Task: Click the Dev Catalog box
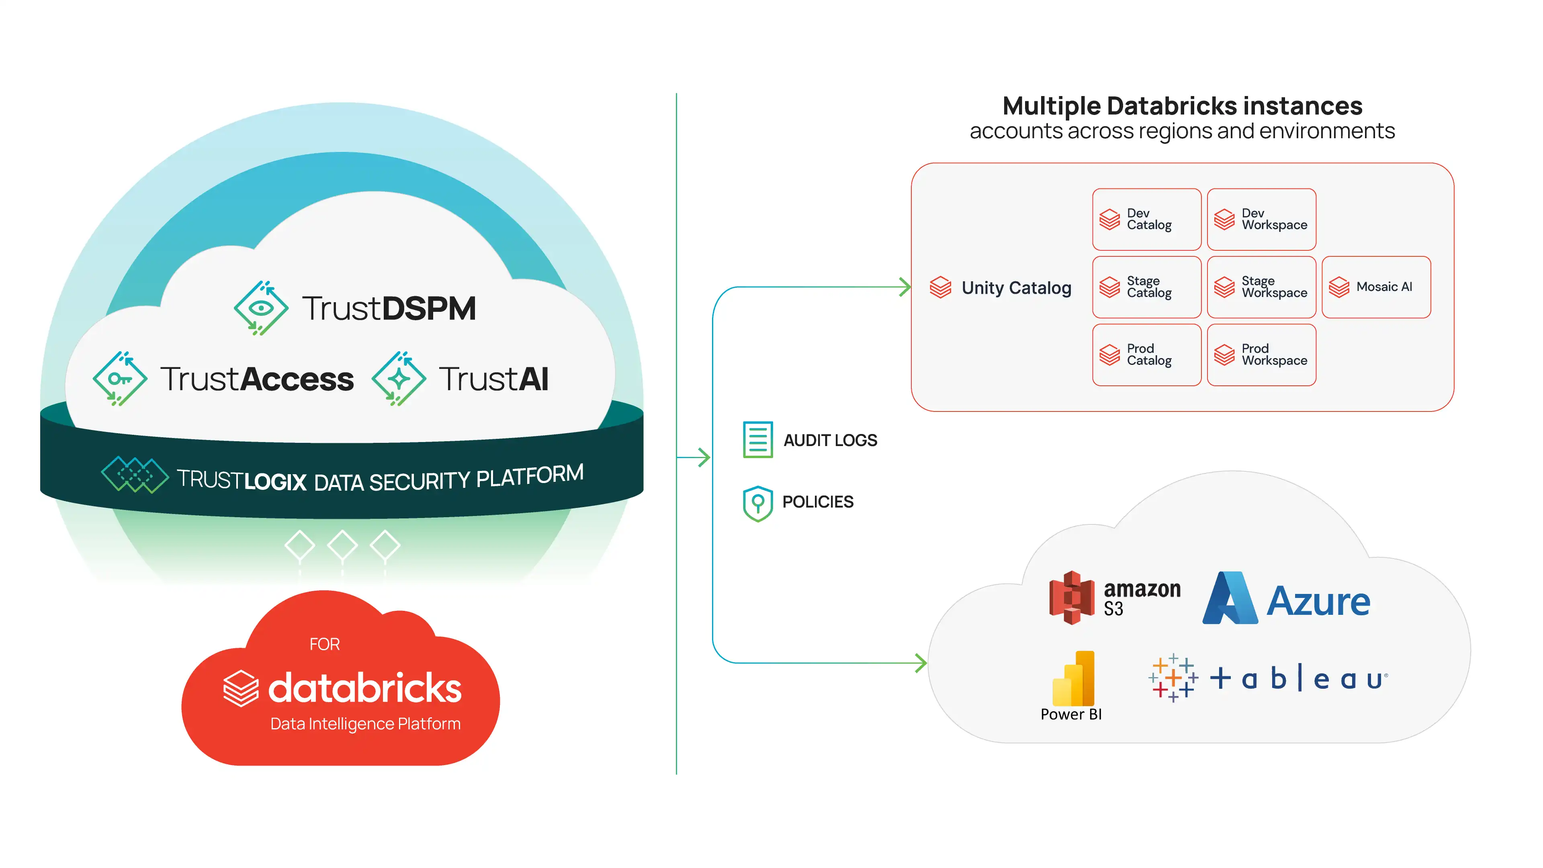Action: click(x=1146, y=219)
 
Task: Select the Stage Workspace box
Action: click(x=1261, y=287)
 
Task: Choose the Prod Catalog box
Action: click(x=1146, y=354)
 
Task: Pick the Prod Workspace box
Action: click(x=1261, y=354)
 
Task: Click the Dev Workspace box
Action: click(x=1261, y=219)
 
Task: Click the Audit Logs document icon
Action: click(x=758, y=440)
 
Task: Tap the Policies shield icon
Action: click(x=758, y=503)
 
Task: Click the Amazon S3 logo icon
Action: click(x=1072, y=597)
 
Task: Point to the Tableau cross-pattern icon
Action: click(x=1173, y=678)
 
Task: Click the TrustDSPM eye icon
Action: click(x=260, y=308)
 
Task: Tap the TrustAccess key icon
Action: click(x=120, y=379)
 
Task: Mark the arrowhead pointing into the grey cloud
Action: click(x=921, y=663)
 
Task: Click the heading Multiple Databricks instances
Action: click(x=1183, y=106)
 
